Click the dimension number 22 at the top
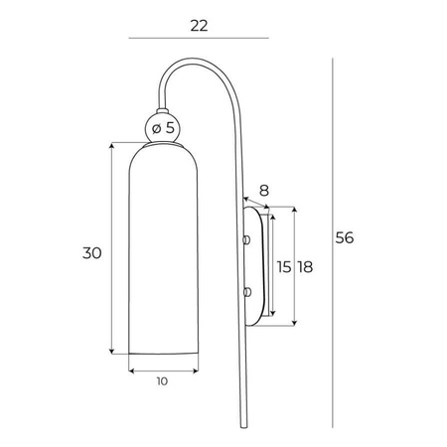pyautogui.click(x=200, y=27)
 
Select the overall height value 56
pyautogui.click(x=345, y=238)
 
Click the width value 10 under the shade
pyautogui.click(x=163, y=380)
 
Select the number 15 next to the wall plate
pyautogui.click(x=284, y=267)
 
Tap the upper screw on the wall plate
pyautogui.click(x=247, y=239)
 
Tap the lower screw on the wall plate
pyautogui.click(x=247, y=291)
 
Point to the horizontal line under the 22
pyautogui.click(x=200, y=39)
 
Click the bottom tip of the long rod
pyautogui.click(x=240, y=424)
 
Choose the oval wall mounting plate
pyautogui.click(x=254, y=266)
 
